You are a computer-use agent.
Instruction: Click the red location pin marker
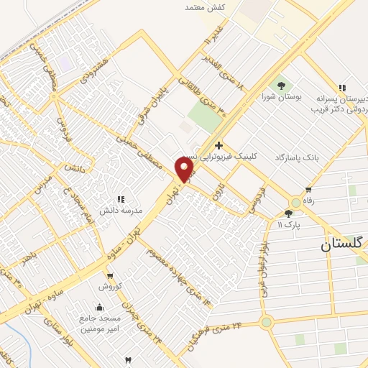coord(185,170)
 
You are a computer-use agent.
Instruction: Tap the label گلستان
coord(344,244)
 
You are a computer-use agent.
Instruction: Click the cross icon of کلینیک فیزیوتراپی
coord(218,145)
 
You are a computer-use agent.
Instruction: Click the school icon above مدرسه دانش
coord(121,199)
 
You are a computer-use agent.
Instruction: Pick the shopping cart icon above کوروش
coord(109,275)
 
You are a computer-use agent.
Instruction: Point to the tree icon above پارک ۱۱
coord(288,213)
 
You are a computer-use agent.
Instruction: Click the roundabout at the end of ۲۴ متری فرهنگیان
coord(267,323)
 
